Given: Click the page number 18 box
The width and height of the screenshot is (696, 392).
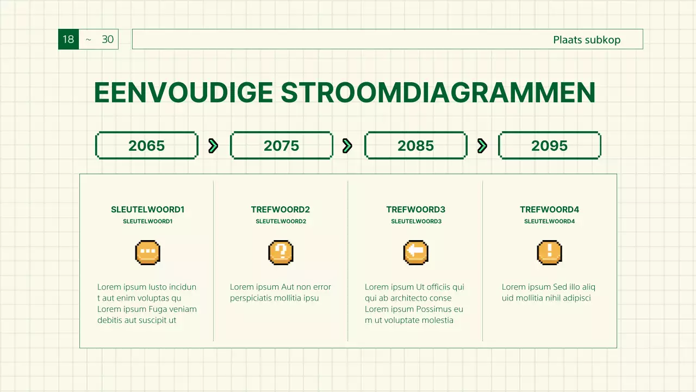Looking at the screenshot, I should [69, 39].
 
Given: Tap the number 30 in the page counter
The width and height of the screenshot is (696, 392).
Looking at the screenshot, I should [108, 39].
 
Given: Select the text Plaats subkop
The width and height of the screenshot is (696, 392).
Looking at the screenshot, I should [586, 40].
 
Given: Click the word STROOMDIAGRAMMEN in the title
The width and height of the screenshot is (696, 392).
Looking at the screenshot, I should [438, 93].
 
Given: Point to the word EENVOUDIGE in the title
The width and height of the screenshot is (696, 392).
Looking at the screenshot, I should [183, 93].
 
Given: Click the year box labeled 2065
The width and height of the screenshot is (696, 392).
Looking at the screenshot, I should [146, 146].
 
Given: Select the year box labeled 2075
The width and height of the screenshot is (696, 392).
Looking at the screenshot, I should [281, 146].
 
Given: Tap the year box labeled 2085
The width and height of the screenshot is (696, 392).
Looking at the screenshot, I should [415, 146].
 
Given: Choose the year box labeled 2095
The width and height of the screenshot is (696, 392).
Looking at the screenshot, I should [549, 146].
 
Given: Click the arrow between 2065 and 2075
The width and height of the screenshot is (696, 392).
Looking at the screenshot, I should [213, 145].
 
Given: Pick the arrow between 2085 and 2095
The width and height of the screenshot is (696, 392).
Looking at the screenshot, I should [482, 145].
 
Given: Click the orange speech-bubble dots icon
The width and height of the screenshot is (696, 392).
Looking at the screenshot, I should [147, 253].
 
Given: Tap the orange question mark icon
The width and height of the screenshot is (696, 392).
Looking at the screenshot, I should [281, 253].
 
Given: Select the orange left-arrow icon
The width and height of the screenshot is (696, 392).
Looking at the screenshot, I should [415, 253].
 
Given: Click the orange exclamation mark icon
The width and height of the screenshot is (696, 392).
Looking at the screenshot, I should [549, 253].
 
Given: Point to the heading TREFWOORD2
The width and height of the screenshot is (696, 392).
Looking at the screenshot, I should [281, 210].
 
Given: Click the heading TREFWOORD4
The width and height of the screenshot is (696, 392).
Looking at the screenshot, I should [549, 210].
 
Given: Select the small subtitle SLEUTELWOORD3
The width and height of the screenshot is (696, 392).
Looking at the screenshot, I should [416, 222].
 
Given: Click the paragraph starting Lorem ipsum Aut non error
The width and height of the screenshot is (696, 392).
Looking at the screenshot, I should [280, 292].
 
